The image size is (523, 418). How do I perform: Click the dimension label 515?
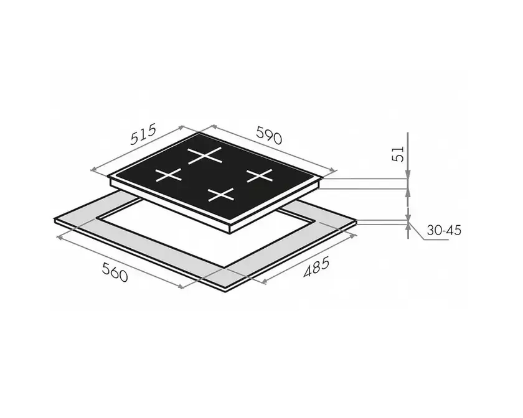tap(143, 134)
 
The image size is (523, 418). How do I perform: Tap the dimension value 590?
tap(269, 134)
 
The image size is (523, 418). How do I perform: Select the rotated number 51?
tap(398, 154)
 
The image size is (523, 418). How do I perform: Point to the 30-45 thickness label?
tap(444, 230)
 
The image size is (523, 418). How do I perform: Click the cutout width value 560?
tap(115, 272)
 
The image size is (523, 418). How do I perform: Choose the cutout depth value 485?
tap(316, 267)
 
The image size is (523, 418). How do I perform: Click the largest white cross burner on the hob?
tap(205, 156)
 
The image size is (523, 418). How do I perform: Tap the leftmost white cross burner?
tap(169, 175)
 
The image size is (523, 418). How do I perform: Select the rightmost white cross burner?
tap(260, 175)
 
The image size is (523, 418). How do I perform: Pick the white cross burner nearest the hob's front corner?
tap(221, 195)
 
